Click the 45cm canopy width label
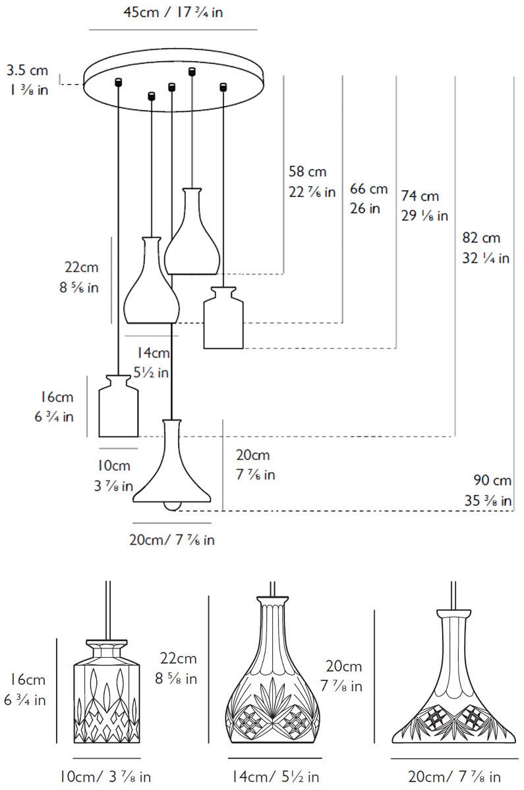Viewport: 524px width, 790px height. point(173,13)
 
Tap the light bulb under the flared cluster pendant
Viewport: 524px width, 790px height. point(172,505)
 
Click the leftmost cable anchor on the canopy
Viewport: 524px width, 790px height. point(119,82)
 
